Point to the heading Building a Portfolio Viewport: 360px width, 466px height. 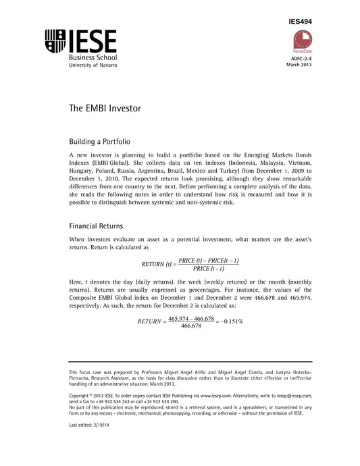[101, 143]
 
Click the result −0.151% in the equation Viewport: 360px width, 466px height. [229, 321]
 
